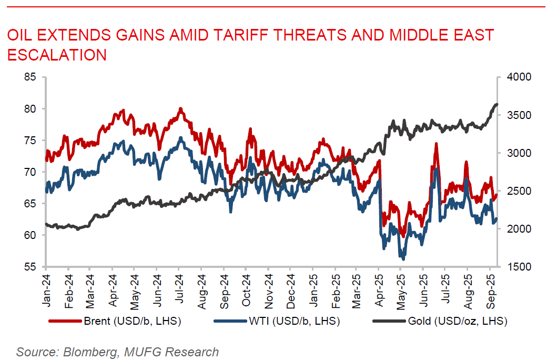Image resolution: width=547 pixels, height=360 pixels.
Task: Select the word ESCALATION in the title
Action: point(57,55)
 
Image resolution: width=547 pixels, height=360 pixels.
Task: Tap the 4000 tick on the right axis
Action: point(520,77)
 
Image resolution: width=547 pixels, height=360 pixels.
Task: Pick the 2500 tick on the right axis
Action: point(520,191)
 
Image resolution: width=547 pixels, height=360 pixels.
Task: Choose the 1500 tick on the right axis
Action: point(520,267)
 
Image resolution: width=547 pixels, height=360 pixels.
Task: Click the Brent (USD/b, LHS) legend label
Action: point(132,321)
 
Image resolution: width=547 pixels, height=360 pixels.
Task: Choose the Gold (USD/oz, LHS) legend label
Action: point(457,321)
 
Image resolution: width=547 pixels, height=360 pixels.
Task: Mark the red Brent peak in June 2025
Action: point(436,144)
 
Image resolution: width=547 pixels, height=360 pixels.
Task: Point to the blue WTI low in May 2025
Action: point(403,258)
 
